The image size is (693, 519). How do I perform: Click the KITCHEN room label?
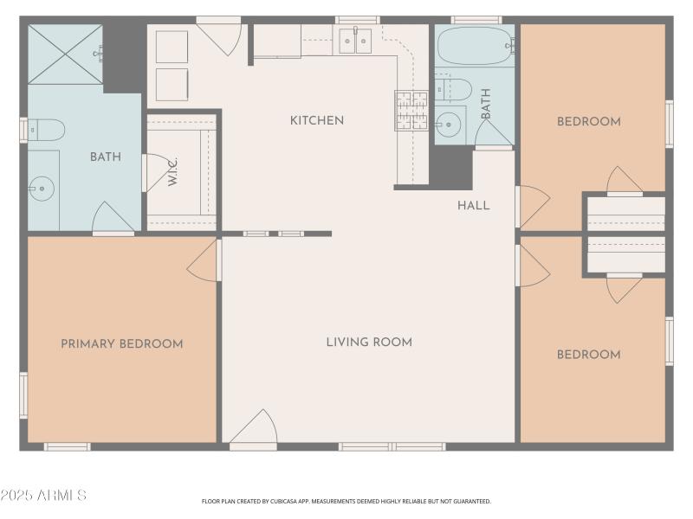click(317, 120)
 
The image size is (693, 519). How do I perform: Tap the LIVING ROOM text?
click(369, 342)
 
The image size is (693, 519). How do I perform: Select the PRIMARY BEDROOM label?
click(122, 343)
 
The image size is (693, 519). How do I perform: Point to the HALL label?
click(474, 205)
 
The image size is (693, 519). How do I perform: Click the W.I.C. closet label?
click(173, 173)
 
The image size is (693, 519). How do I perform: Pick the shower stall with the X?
click(65, 54)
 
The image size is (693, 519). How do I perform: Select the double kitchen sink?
click(355, 41)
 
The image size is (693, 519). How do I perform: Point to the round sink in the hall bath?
click(447, 125)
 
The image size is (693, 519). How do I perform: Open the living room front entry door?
click(253, 430)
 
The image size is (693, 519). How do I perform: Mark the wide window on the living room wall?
click(392, 446)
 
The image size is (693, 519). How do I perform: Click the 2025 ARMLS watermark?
click(43, 496)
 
